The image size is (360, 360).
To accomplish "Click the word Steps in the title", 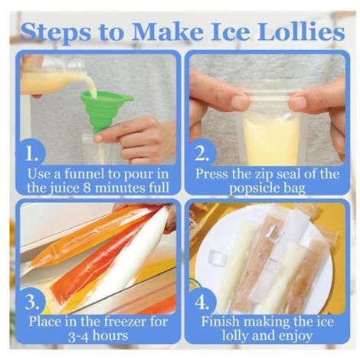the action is click(55, 32).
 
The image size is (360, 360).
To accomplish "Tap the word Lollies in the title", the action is click(302, 31).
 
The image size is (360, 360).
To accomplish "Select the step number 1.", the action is click(31, 153).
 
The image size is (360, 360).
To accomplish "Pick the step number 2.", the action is click(201, 153).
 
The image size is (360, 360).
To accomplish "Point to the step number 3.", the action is click(32, 302).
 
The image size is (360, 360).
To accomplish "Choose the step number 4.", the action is click(201, 302).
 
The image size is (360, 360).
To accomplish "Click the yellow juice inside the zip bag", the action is click(272, 140).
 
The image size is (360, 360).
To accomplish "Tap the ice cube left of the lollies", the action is click(218, 257).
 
